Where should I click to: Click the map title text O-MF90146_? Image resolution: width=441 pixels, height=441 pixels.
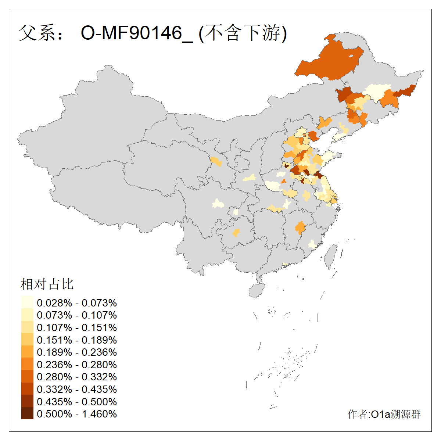pyautogui.click(x=136, y=33)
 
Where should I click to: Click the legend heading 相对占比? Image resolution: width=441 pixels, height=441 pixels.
pyautogui.click(x=47, y=284)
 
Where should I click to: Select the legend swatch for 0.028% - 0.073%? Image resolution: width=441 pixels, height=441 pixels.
pyautogui.click(x=27, y=303)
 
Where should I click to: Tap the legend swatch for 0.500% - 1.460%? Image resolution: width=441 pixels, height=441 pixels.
pyautogui.click(x=27, y=414)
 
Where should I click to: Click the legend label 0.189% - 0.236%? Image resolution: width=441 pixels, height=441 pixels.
pyautogui.click(x=77, y=352)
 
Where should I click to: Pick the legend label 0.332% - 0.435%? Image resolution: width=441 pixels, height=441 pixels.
pyautogui.click(x=77, y=389)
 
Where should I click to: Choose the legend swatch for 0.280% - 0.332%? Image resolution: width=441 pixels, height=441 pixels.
pyautogui.click(x=27, y=377)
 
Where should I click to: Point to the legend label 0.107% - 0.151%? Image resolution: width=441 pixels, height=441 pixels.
pyautogui.click(x=77, y=327)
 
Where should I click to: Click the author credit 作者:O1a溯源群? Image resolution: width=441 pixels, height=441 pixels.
pyautogui.click(x=384, y=415)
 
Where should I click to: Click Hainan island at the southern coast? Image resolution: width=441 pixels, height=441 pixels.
pyautogui.click(x=257, y=290)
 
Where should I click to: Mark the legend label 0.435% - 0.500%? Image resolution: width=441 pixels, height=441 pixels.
pyautogui.click(x=77, y=402)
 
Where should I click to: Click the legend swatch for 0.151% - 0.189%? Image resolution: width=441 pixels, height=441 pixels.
pyautogui.click(x=27, y=340)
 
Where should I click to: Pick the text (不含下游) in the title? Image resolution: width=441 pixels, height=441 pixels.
pyautogui.click(x=243, y=33)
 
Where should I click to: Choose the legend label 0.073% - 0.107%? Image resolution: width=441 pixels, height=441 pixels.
pyautogui.click(x=77, y=315)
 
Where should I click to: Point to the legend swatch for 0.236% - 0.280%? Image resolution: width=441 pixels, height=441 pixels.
pyautogui.click(x=27, y=365)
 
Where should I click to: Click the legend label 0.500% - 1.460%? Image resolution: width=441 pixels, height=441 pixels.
pyautogui.click(x=77, y=414)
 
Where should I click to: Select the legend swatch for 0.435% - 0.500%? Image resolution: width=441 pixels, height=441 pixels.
pyautogui.click(x=27, y=402)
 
